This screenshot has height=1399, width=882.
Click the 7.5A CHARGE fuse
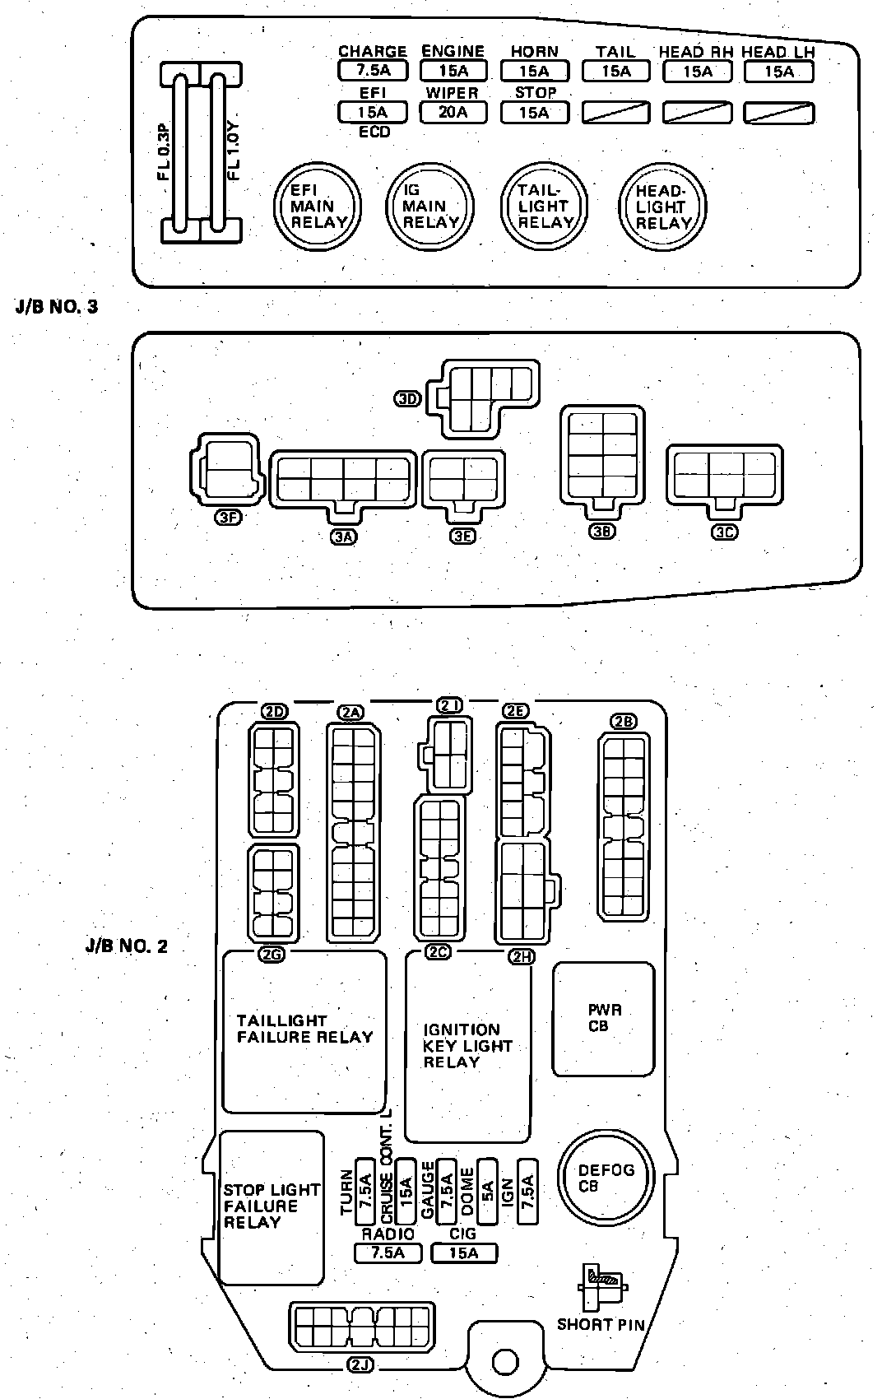pos(372,72)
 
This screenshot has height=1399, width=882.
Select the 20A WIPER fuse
pos(453,112)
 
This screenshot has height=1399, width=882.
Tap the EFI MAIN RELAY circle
pos(317,206)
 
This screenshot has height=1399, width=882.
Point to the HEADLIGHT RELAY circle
pos(663,206)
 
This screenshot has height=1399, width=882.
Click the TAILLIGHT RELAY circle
pos(545,206)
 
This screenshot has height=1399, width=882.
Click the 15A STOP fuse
pos(534,112)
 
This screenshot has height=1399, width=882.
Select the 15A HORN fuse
pos(534,72)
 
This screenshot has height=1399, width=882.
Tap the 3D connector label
pos(408,399)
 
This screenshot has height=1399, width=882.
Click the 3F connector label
pos(228,518)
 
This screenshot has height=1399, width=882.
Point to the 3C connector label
pos(724,532)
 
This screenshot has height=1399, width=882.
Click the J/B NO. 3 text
pos(57,307)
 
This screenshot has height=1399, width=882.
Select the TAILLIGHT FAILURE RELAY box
pos(304,1030)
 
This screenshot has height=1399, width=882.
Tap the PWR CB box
pos(604,1020)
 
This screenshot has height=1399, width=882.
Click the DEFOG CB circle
pos(606,1178)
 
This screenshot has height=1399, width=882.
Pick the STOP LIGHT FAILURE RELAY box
pos(272,1207)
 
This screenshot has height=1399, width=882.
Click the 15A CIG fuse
pos(464,1253)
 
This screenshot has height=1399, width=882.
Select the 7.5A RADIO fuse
pos(388,1253)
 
